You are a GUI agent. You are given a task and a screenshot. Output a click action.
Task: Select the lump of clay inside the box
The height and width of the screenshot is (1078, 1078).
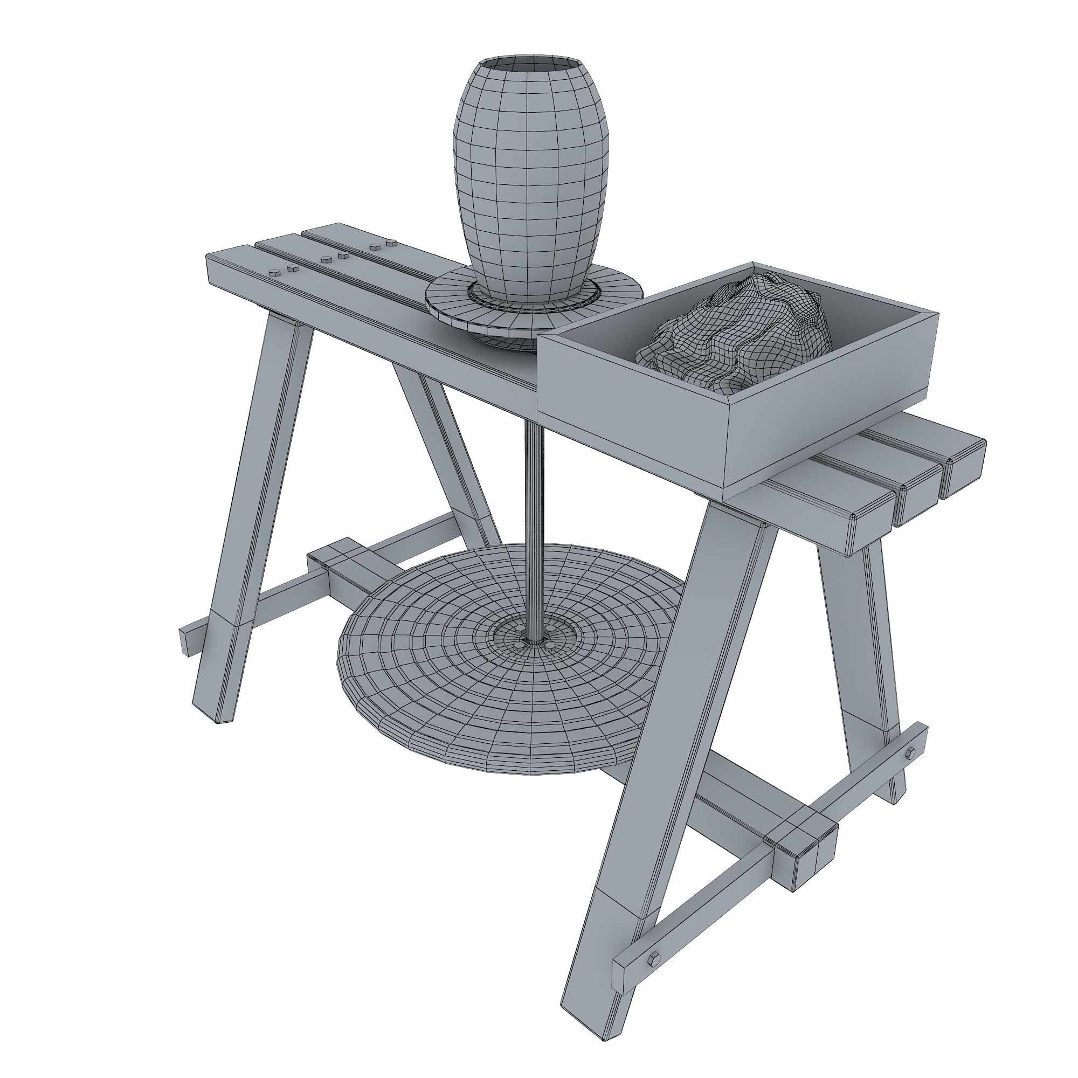(736, 335)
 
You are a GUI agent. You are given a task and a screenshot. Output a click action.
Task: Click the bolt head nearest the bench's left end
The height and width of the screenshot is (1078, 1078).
(274, 272)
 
